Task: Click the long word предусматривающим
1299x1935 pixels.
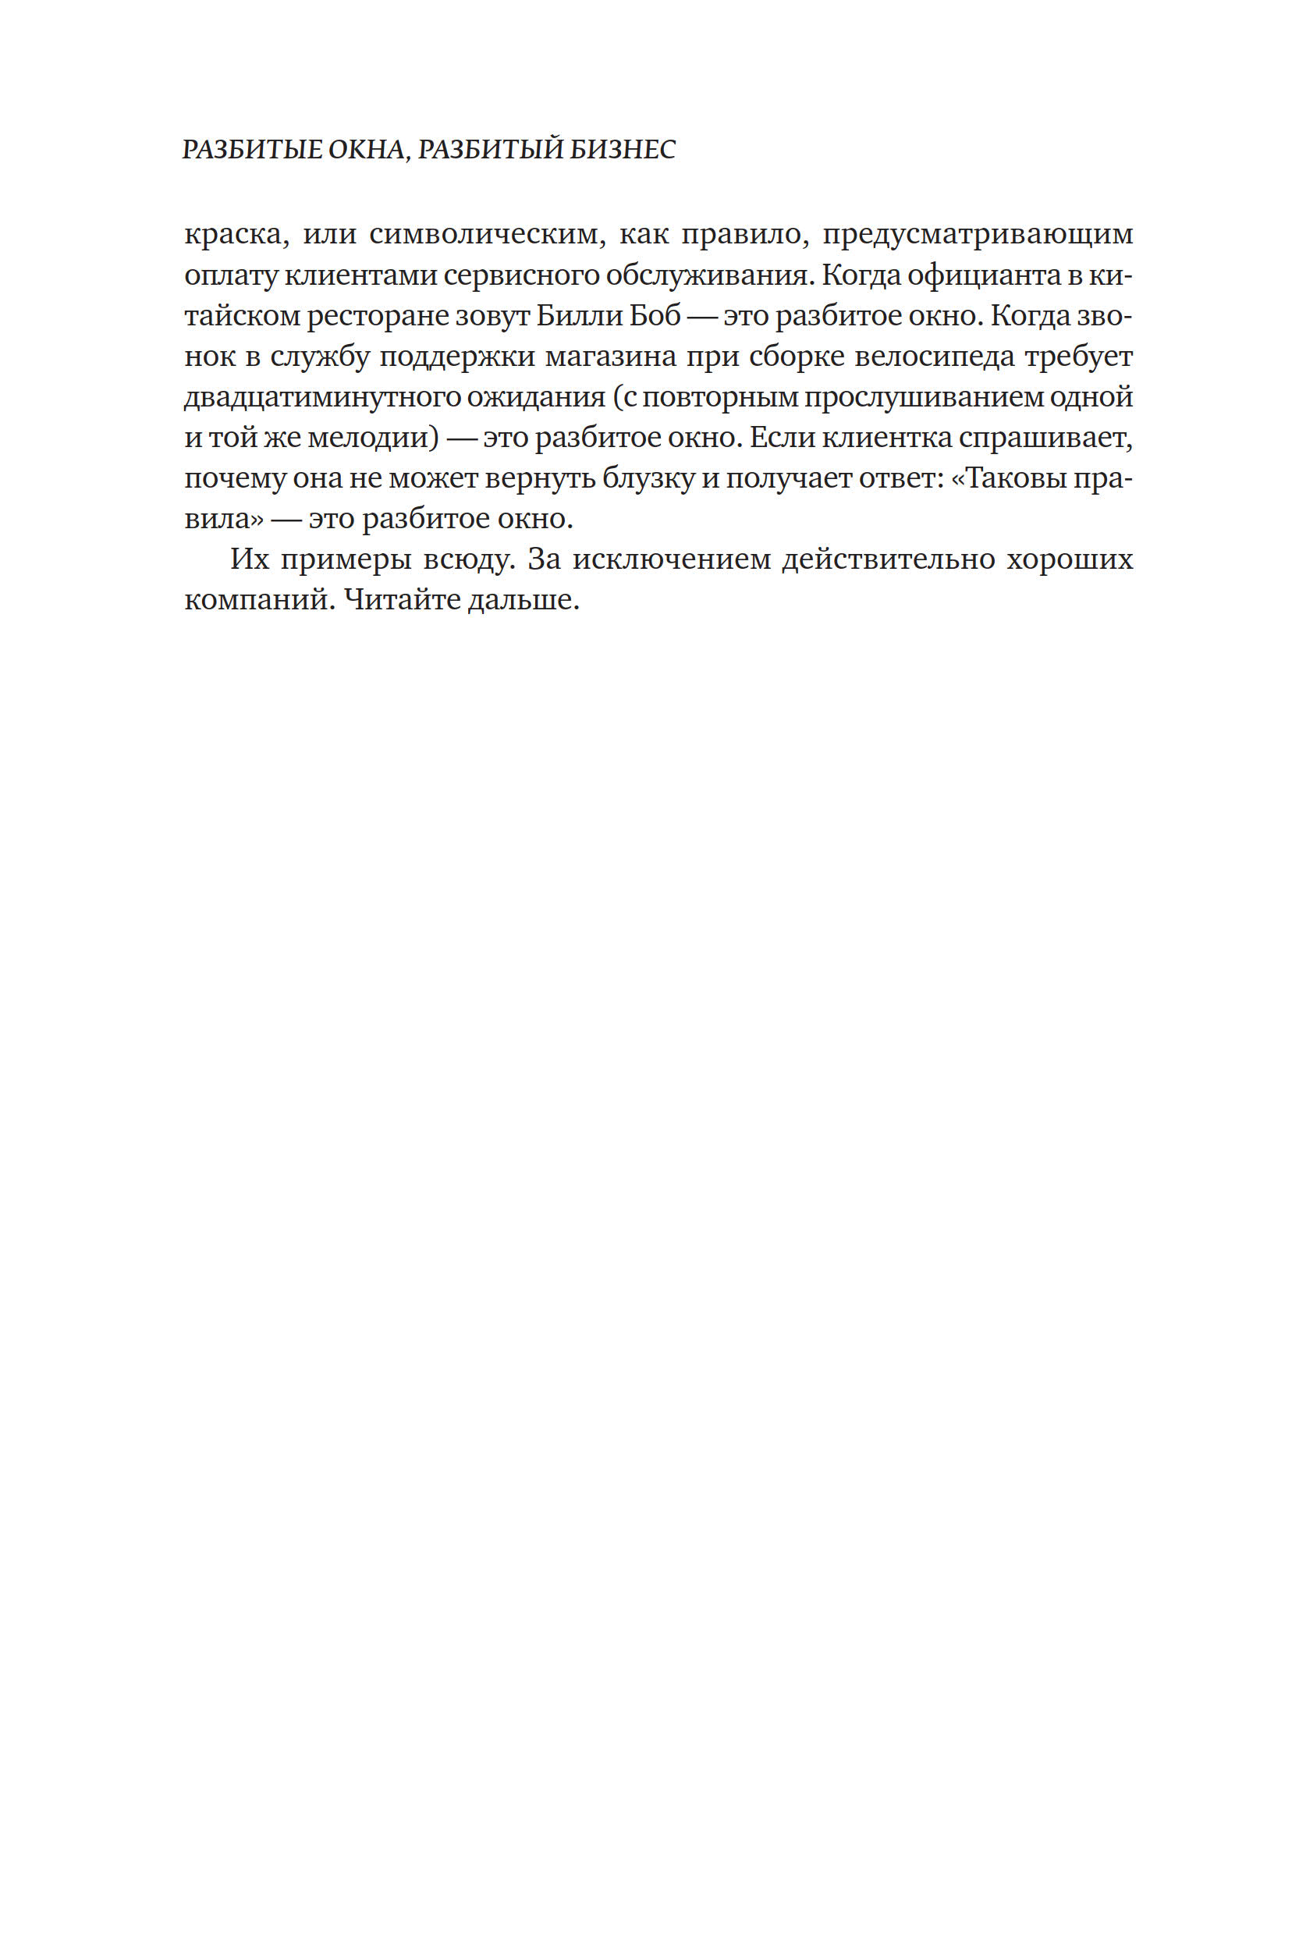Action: (978, 234)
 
